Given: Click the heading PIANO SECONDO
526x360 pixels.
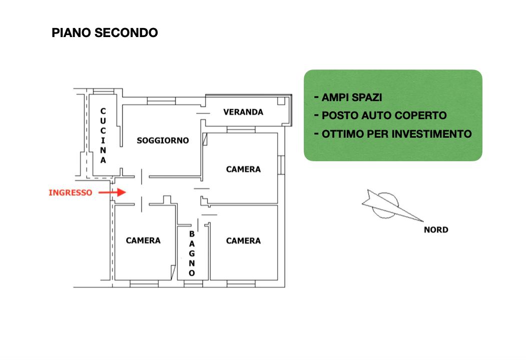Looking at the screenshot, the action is [105, 33].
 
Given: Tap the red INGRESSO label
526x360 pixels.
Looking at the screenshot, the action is [71, 193].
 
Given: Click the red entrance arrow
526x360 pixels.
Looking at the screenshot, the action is [112, 192].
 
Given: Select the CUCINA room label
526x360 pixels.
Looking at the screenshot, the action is [103, 136].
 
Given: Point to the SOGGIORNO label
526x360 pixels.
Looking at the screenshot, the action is [163, 141].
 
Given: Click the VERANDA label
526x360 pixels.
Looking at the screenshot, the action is [243, 112].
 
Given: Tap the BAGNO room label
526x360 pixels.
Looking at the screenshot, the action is [192, 253].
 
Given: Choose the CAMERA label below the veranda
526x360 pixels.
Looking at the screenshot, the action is [243, 169].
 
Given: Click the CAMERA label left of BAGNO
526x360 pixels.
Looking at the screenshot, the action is [143, 240].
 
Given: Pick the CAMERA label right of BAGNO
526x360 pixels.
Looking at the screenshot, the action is [243, 241].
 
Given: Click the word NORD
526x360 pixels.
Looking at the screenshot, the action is [436, 230].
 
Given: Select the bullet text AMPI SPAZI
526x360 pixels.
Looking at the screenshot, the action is [352, 98].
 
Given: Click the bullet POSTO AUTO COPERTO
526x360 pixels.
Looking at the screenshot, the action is [384, 116].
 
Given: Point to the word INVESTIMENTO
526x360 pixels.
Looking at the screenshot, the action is [432, 134].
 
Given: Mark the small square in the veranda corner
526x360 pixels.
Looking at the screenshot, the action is [281, 101].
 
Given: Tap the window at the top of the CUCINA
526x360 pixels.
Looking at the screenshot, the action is [103, 92].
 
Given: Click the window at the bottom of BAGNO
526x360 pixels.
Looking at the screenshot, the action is [193, 284].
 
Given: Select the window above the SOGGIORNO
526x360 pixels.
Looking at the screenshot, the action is [161, 101].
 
